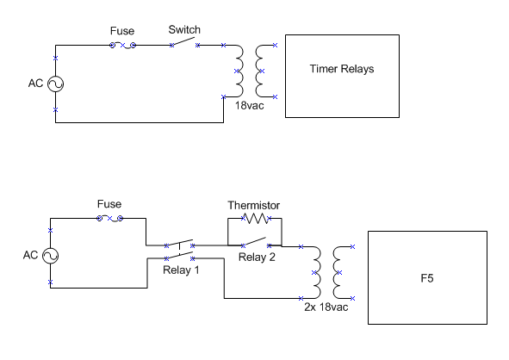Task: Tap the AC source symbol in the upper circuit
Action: pyautogui.click(x=55, y=84)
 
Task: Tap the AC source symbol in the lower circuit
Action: pyautogui.click(x=50, y=256)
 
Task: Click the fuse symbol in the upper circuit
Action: pyautogui.click(x=122, y=46)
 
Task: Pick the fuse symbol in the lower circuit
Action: pyautogui.click(x=109, y=219)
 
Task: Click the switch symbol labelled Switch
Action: pyautogui.click(x=184, y=42)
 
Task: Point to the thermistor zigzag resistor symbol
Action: pyautogui.click(x=256, y=218)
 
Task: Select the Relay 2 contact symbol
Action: pyautogui.click(x=256, y=242)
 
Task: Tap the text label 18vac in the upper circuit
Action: pyautogui.click(x=249, y=105)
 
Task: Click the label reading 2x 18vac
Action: pyautogui.click(x=326, y=307)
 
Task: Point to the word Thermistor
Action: pyautogui.click(x=253, y=205)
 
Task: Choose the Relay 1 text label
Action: pyautogui.click(x=181, y=270)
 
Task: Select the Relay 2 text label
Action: pyautogui.click(x=257, y=258)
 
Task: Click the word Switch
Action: pyautogui.click(x=184, y=30)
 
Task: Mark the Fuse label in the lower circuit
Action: pyautogui.click(x=109, y=204)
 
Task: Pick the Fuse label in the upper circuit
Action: pyautogui.click(x=122, y=31)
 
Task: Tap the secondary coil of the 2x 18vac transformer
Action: pyautogui.click(x=333, y=272)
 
